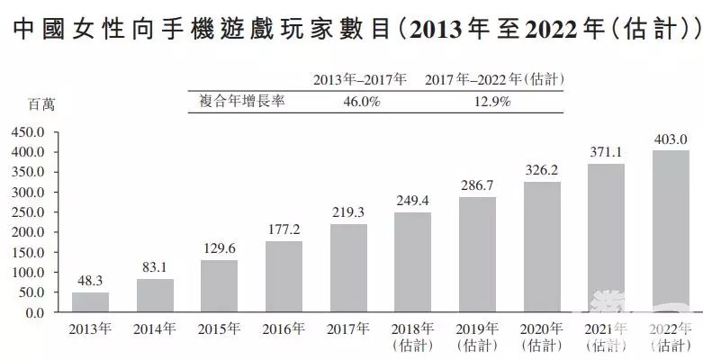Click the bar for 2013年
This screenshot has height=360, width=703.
click(x=90, y=302)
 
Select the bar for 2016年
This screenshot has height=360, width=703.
click(x=284, y=276)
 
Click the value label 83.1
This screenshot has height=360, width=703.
click(x=155, y=266)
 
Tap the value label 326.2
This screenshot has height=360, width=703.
click(x=541, y=169)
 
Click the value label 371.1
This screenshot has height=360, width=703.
click(x=606, y=151)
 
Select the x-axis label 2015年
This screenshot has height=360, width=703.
click(x=219, y=329)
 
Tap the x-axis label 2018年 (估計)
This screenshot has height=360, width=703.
click(x=413, y=336)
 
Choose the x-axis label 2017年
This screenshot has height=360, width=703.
click(x=348, y=329)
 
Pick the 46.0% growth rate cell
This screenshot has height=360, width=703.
click(x=362, y=102)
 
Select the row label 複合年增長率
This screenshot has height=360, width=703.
click(x=241, y=102)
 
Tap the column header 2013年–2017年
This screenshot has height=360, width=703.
click(x=360, y=79)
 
